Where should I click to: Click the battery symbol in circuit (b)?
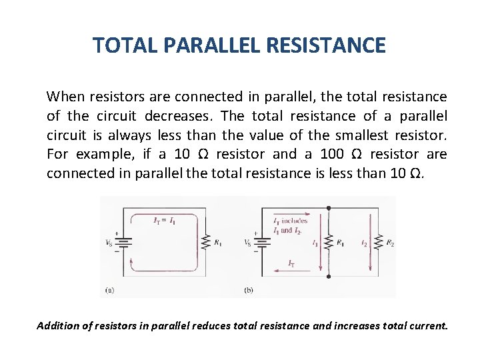coord(263,243)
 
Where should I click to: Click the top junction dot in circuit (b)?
coord(328,208)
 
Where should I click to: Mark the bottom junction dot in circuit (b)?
coord(328,276)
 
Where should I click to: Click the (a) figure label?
coord(109,290)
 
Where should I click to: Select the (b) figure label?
coord(249,290)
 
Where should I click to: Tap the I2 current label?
coord(364,244)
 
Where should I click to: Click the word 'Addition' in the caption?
coord(57,326)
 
